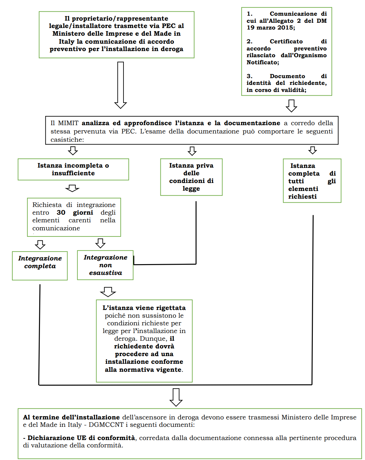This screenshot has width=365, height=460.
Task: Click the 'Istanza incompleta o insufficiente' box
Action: pos(73,169)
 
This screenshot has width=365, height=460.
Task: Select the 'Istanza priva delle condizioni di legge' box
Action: pos(191,177)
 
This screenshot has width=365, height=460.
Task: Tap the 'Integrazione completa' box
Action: pos(40,266)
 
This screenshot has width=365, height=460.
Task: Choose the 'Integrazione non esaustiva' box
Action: pos(105,265)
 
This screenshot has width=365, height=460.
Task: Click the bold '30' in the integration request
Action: pos(61,212)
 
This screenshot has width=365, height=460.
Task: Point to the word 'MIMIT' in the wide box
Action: pos(68,123)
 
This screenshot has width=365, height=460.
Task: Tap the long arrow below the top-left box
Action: pos(120,85)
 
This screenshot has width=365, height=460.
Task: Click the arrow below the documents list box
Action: pos(291,105)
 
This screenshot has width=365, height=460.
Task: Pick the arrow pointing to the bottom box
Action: pos(176,397)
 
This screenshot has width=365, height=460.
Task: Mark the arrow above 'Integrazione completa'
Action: pos(40,244)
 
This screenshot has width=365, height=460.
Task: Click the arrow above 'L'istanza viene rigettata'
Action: pos(108,291)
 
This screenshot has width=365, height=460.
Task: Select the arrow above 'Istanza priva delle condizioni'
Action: pos(192,151)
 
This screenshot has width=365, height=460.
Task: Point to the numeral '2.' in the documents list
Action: pos(249,41)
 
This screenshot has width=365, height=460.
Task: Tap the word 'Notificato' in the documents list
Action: pos(262,62)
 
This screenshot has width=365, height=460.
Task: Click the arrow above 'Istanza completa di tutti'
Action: pos(312,150)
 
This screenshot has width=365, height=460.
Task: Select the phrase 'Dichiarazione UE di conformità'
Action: pos(81,438)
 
